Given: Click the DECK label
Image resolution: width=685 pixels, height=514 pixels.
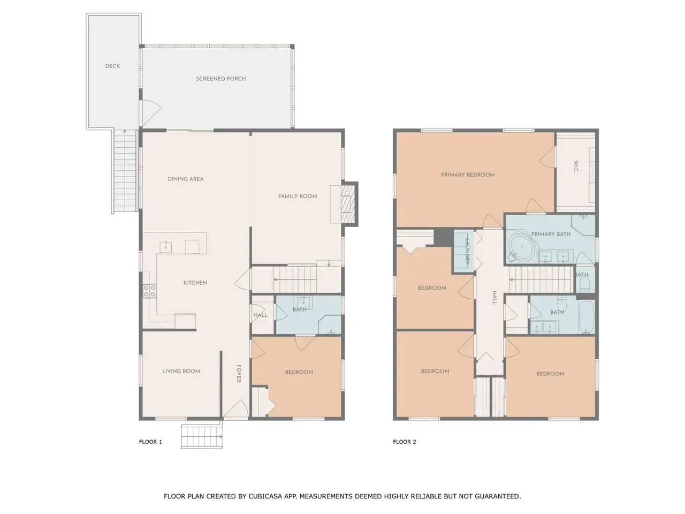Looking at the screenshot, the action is pyautogui.click(x=112, y=66).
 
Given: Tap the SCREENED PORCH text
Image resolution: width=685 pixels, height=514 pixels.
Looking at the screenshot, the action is pyautogui.click(x=220, y=79).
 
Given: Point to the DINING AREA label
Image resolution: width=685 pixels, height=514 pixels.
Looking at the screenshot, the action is pyautogui.click(x=185, y=179).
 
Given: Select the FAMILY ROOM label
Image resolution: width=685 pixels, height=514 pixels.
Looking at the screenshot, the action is pyautogui.click(x=297, y=196).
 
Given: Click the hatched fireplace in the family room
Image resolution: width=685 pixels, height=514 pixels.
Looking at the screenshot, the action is pyautogui.click(x=348, y=204).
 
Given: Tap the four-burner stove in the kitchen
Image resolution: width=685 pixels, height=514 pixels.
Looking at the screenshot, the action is pyautogui.click(x=149, y=291).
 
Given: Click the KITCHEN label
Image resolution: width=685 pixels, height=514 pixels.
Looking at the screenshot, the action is pyautogui.click(x=195, y=283).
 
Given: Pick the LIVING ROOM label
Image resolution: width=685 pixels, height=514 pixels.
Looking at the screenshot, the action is pyautogui.click(x=181, y=371).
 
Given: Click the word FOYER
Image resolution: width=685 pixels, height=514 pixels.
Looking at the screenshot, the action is pyautogui.click(x=239, y=374).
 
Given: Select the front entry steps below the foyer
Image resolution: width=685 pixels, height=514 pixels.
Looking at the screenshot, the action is pyautogui.click(x=202, y=436).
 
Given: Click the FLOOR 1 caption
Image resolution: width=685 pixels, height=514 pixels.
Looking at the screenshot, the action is pyautogui.click(x=150, y=442).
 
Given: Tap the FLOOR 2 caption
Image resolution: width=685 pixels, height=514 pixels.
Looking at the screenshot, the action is pyautogui.click(x=405, y=442).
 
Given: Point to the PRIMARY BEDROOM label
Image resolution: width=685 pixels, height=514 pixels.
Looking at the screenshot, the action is pyautogui.click(x=468, y=175).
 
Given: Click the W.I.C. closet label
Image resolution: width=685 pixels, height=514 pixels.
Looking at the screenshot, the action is pyautogui.click(x=576, y=167).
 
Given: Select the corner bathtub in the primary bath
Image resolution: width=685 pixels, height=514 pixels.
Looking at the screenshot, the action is pyautogui.click(x=523, y=248).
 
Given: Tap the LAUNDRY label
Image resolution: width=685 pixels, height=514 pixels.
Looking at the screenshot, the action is pyautogui.click(x=468, y=251).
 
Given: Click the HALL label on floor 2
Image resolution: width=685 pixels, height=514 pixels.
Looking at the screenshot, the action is pyautogui.click(x=494, y=298).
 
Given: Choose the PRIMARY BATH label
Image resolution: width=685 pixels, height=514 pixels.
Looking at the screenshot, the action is pyautogui.click(x=551, y=234).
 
